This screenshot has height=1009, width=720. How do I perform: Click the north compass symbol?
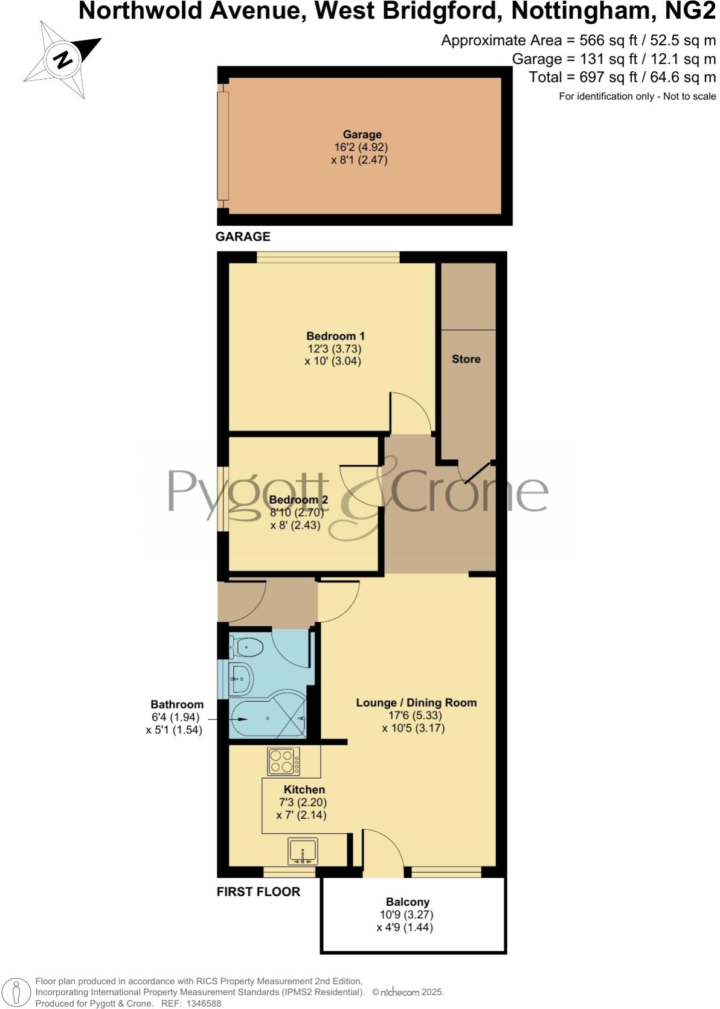[x=62, y=59]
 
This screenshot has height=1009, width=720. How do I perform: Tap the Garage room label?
[x=362, y=135]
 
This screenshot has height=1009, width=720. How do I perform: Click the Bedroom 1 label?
[x=335, y=336]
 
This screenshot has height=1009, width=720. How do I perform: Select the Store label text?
[x=466, y=359]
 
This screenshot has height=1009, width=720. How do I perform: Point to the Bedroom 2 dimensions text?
[x=297, y=519]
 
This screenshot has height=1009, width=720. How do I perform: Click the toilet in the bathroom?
[x=248, y=648]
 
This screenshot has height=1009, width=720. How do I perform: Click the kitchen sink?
[x=303, y=852]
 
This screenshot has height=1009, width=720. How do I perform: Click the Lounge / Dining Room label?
[x=416, y=702]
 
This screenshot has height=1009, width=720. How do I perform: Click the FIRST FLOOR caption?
[x=259, y=891]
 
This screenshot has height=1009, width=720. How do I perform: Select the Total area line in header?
[x=622, y=77]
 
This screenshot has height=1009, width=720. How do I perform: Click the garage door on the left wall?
[x=223, y=146]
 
